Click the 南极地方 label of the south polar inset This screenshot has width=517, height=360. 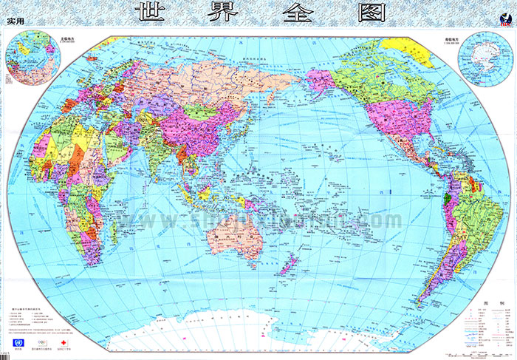[x=485, y=37]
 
